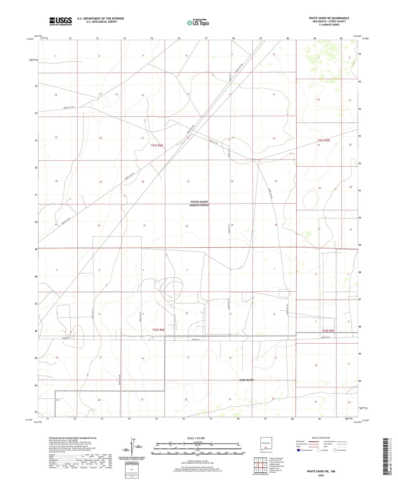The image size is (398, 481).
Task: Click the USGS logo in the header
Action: (x=61, y=21)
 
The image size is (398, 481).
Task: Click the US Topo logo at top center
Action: (x=197, y=23)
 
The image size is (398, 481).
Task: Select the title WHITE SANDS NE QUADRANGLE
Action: (x=329, y=18)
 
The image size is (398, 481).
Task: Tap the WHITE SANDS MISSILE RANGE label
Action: (x=199, y=203)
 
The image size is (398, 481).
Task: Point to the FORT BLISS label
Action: (x=247, y=380)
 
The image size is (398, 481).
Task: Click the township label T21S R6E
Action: (x=157, y=145)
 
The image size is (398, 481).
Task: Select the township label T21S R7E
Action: (x=324, y=140)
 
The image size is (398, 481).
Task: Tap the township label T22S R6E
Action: (x=158, y=329)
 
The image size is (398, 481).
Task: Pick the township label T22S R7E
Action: (x=328, y=331)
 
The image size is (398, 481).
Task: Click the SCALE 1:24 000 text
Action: (x=196, y=438)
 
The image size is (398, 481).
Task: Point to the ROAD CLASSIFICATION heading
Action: (x=321, y=438)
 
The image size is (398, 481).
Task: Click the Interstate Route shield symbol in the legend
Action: (x=299, y=450)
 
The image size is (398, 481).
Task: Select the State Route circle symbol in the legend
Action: (x=335, y=450)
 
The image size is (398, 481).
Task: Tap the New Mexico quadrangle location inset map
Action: (x=266, y=444)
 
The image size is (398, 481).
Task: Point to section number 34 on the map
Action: (x=187, y=226)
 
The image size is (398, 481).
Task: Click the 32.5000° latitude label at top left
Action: (x=30, y=39)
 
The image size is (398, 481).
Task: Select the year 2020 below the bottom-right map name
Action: (x=321, y=475)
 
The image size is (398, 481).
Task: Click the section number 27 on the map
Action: (x=188, y=182)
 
